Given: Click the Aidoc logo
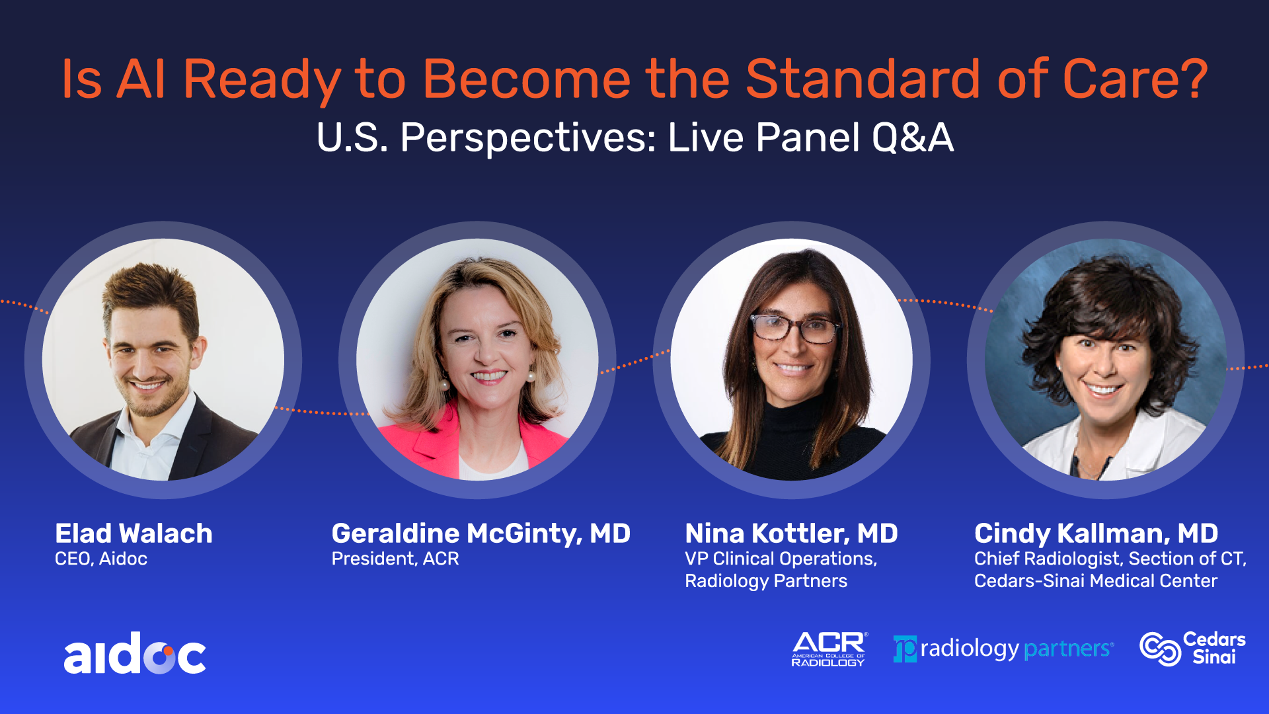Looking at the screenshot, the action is pos(135,653).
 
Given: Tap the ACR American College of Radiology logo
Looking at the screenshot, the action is pos(829,649).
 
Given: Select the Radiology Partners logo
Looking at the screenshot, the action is pos(1003,649).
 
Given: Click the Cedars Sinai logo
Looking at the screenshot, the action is pos(1193,648).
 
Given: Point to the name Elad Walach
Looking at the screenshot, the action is pos(134,533).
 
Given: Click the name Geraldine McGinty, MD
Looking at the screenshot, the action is pos(481,534).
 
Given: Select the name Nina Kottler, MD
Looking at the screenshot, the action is pos(791,533).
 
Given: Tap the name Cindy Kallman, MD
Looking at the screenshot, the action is pos(1096,534).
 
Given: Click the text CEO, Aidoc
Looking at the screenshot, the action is pos(101,559).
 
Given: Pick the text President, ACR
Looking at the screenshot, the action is pos(395,559).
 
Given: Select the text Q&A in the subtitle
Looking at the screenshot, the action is pos(913,138).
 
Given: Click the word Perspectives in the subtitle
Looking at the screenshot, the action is pos(528,138).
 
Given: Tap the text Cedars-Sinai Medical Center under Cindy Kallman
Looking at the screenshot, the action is pos(1096,581).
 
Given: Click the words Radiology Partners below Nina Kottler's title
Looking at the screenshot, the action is pos(766,582).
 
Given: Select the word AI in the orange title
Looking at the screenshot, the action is pos(141,79).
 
